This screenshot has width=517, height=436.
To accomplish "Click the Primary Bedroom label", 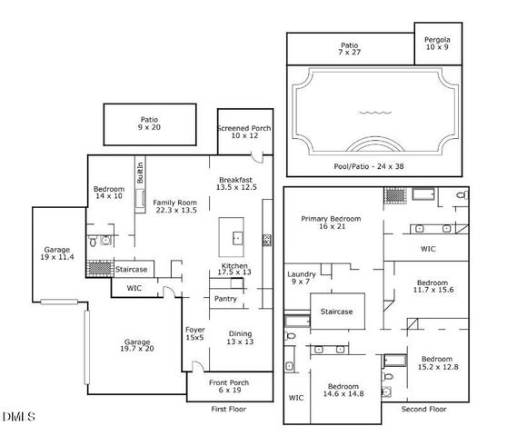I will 333,223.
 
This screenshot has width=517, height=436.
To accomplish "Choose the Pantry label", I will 224,298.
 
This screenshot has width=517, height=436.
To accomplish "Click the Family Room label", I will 174,206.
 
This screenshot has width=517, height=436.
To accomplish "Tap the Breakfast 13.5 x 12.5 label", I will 236,182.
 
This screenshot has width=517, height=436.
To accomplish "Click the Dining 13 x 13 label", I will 240,339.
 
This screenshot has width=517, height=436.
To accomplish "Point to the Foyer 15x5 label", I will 194,333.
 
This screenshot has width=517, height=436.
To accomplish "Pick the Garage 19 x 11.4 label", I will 58,255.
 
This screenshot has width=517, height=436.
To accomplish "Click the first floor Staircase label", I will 133,270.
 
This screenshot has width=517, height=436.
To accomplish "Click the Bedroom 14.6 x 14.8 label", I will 344,391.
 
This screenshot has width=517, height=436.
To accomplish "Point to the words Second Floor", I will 423,410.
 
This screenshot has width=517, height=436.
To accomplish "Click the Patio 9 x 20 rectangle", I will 149,124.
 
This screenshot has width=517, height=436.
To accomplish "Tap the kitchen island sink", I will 237,239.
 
